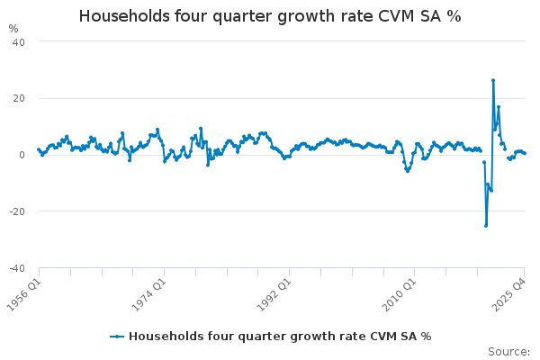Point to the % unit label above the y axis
13,28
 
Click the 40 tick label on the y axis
18,42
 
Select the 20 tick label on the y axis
18,98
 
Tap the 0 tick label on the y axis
22,155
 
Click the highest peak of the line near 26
493,80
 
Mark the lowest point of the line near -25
485,225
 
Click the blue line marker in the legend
116,336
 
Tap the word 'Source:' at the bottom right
508,352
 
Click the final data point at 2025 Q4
525,153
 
